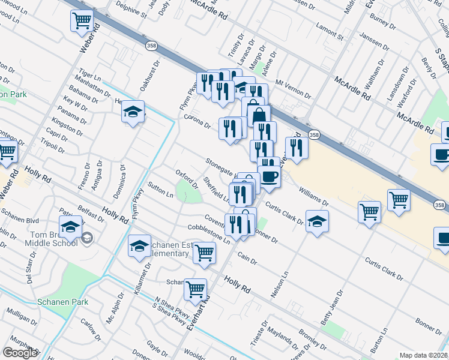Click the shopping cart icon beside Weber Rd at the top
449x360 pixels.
pos(82,21)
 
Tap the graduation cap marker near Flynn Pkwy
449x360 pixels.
pos(133,112)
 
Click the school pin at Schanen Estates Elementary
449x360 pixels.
pos(139,246)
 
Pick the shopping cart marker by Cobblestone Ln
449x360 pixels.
pos(204,254)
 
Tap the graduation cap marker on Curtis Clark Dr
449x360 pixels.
pos(316,221)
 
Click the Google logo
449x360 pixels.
pos(20,353)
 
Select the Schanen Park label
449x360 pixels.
pos(62,302)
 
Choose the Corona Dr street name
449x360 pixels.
pos(197,121)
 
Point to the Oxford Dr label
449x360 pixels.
pos(186,179)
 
